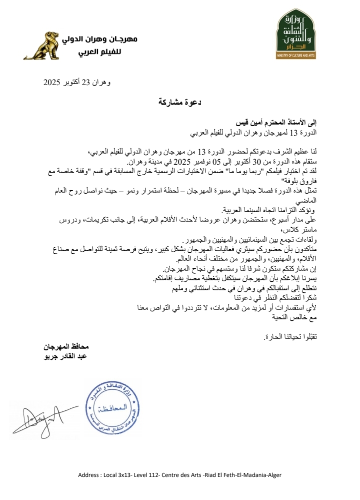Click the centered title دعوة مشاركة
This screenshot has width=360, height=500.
point(179,102)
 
